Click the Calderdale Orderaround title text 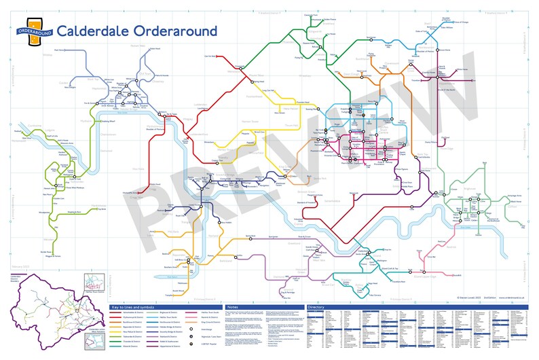[137, 31]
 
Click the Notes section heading [232, 308]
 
